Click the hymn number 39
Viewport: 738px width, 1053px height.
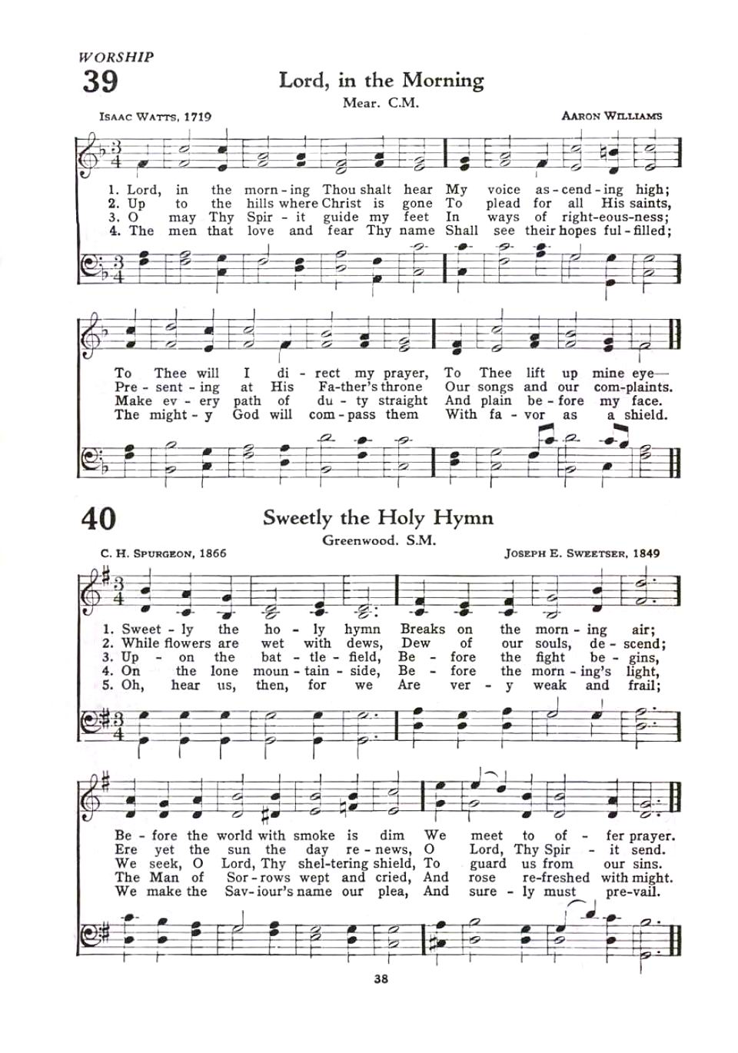[x=99, y=80]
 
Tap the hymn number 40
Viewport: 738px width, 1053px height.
[x=98, y=518]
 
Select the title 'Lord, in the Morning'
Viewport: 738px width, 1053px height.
[x=381, y=81]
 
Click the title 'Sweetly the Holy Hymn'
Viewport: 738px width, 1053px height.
[x=377, y=517]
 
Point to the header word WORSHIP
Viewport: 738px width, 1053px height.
[x=116, y=56]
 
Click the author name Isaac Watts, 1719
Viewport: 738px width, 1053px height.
[x=155, y=117]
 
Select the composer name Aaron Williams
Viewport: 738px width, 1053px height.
[x=611, y=116]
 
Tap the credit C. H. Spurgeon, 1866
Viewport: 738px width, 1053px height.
[x=163, y=553]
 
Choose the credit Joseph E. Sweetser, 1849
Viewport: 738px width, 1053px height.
[x=582, y=553]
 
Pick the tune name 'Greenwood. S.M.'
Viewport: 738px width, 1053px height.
[x=379, y=540]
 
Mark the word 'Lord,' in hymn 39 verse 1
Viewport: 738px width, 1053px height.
[x=144, y=190]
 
